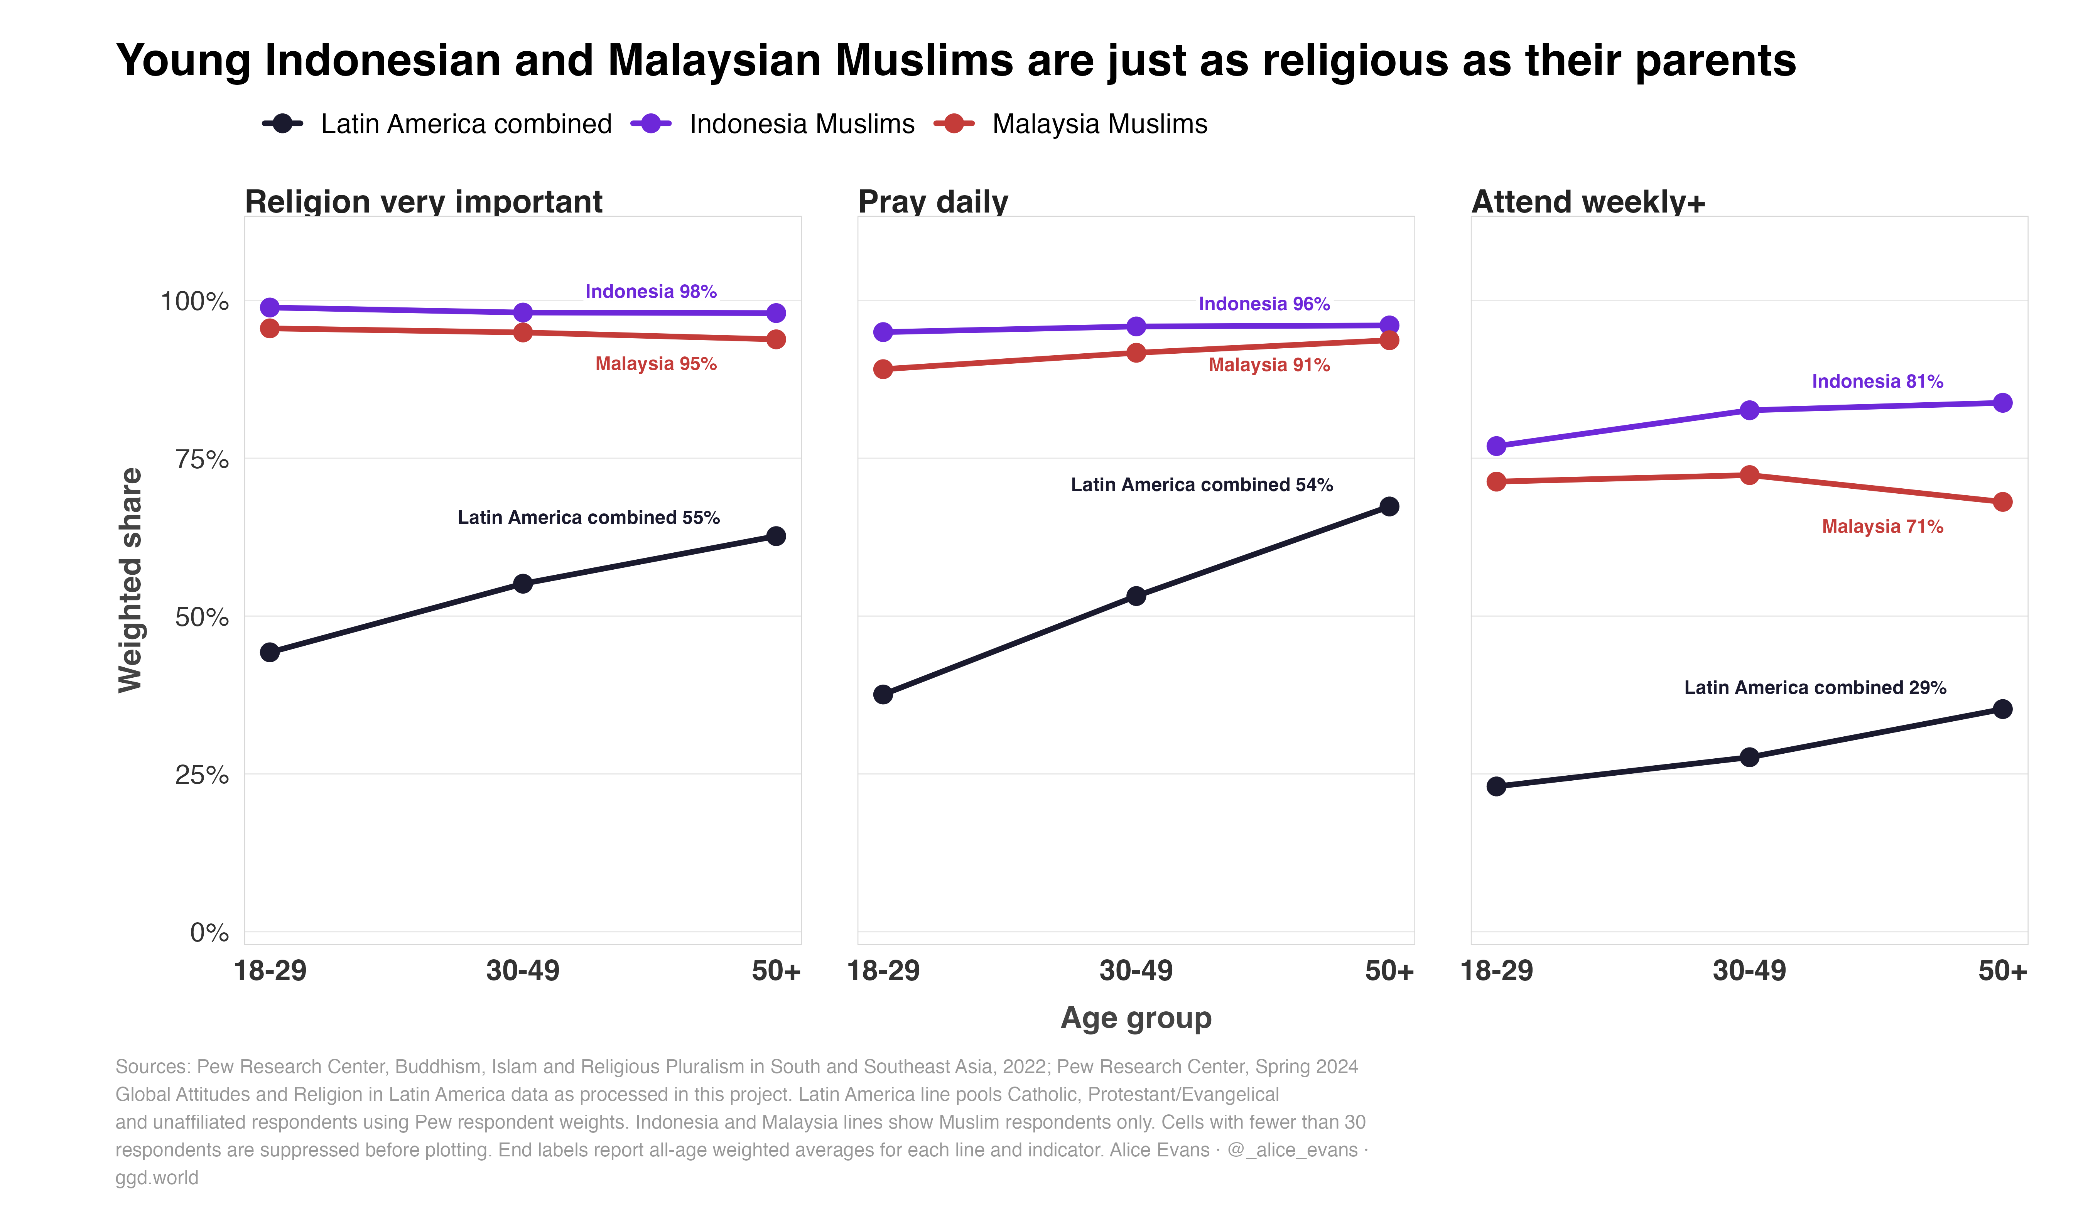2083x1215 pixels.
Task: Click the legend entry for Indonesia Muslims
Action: (773, 124)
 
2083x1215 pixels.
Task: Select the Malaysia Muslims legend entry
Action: (1070, 124)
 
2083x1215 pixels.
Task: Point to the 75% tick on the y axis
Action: (202, 459)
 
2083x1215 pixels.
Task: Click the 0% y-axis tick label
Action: (209, 932)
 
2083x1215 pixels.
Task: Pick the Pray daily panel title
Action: (933, 202)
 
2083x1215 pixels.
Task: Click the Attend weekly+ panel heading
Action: (1588, 202)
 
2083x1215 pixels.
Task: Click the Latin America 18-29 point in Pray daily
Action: (883, 694)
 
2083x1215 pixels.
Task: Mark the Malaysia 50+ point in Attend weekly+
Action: (2002, 502)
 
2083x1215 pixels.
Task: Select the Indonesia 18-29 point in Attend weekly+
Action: (1496, 446)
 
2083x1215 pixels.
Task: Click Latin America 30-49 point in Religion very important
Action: (522, 584)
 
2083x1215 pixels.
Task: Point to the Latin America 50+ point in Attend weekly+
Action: (2002, 709)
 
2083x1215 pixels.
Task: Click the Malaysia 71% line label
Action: (1882, 526)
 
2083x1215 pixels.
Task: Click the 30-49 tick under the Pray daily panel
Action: (1136, 970)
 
